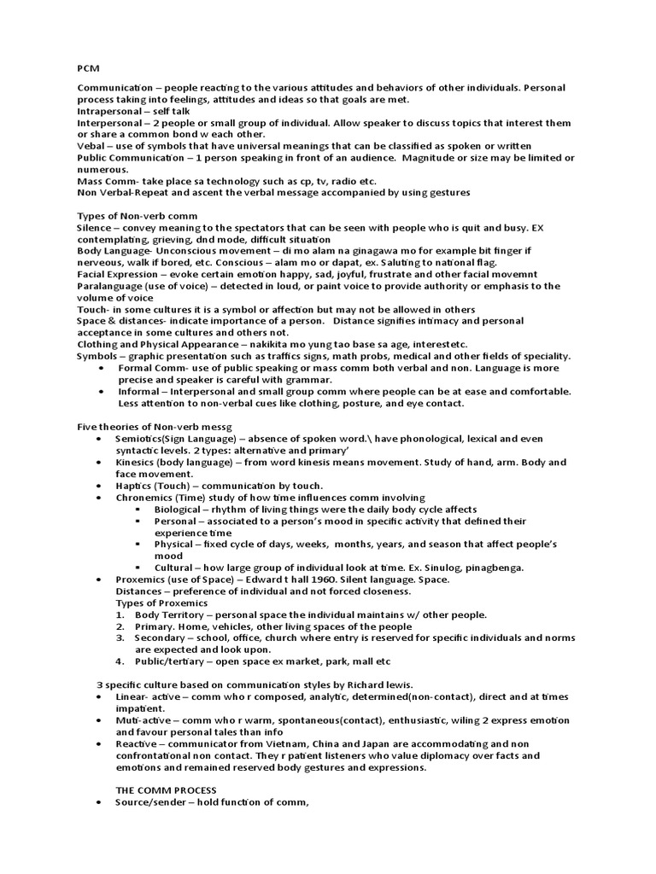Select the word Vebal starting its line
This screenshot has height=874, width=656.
tap(92, 146)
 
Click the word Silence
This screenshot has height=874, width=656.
tap(95, 228)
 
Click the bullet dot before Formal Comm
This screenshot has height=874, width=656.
tap(102, 368)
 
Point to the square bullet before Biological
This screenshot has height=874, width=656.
tap(138, 509)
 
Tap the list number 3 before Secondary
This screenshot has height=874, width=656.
tap(123, 638)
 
